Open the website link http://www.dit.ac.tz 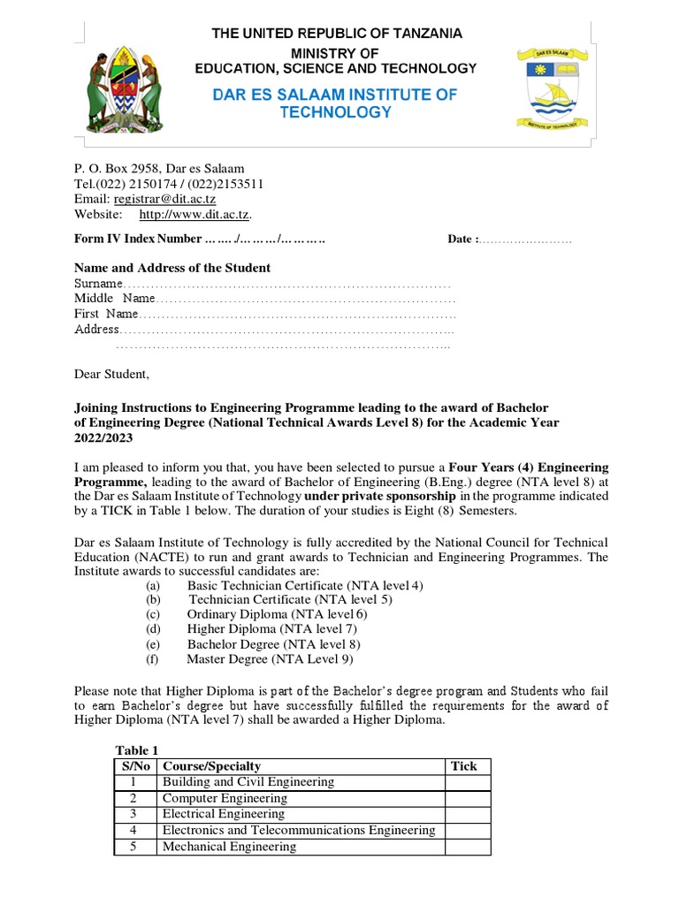(x=195, y=215)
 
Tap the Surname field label (x=97, y=284)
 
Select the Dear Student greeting (x=111, y=375)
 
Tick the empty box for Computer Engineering (x=467, y=798)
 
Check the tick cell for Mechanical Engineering (x=467, y=847)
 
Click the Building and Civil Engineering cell (x=248, y=782)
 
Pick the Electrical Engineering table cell (x=224, y=814)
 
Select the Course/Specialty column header (x=211, y=766)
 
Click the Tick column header (x=464, y=766)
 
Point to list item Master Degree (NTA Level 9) (x=270, y=658)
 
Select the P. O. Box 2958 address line (x=159, y=169)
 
